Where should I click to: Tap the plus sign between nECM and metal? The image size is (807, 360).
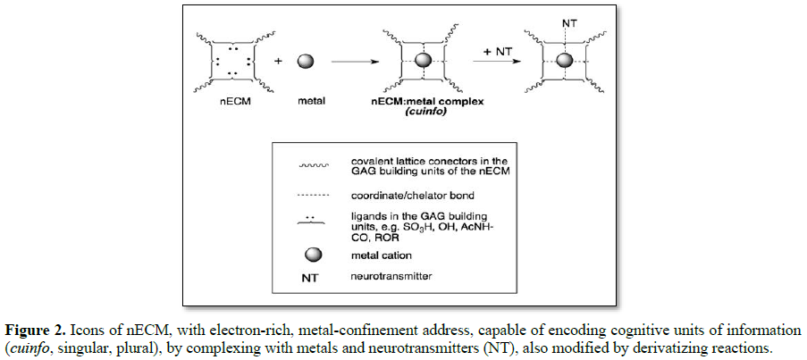pyautogui.click(x=278, y=62)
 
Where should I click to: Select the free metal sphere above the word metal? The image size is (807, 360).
pyautogui.click(x=306, y=62)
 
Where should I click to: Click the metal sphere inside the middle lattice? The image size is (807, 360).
pyautogui.click(x=424, y=62)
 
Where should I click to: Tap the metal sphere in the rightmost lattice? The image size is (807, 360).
pyautogui.click(x=564, y=62)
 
